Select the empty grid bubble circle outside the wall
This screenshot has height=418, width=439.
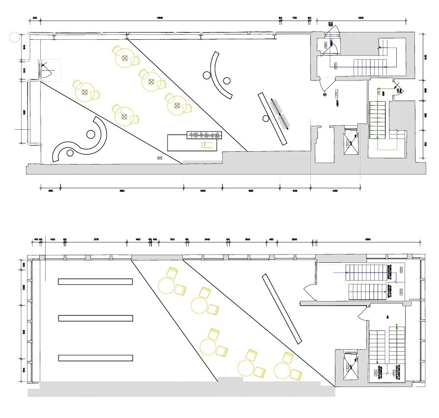point(14,36)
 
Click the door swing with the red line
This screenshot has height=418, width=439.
point(47,71)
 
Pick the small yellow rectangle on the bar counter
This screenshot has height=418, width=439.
point(208,144)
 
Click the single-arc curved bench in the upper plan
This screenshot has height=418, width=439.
point(219,76)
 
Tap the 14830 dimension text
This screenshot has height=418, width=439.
point(160,18)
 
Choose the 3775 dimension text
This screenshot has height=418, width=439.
point(96,239)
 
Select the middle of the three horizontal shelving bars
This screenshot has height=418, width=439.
point(95,318)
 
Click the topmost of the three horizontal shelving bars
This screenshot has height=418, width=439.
point(95,281)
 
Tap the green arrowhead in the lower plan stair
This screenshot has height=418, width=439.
point(396,325)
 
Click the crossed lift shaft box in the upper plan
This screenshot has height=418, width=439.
point(351,140)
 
